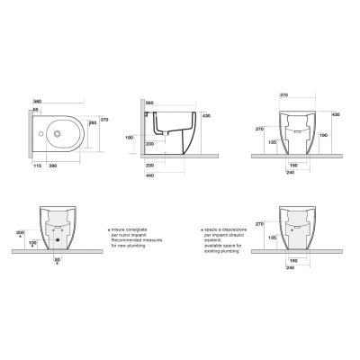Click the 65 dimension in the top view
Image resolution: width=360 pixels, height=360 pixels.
(x=36, y=110)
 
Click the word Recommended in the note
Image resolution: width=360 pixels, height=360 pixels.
(x=128, y=242)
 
